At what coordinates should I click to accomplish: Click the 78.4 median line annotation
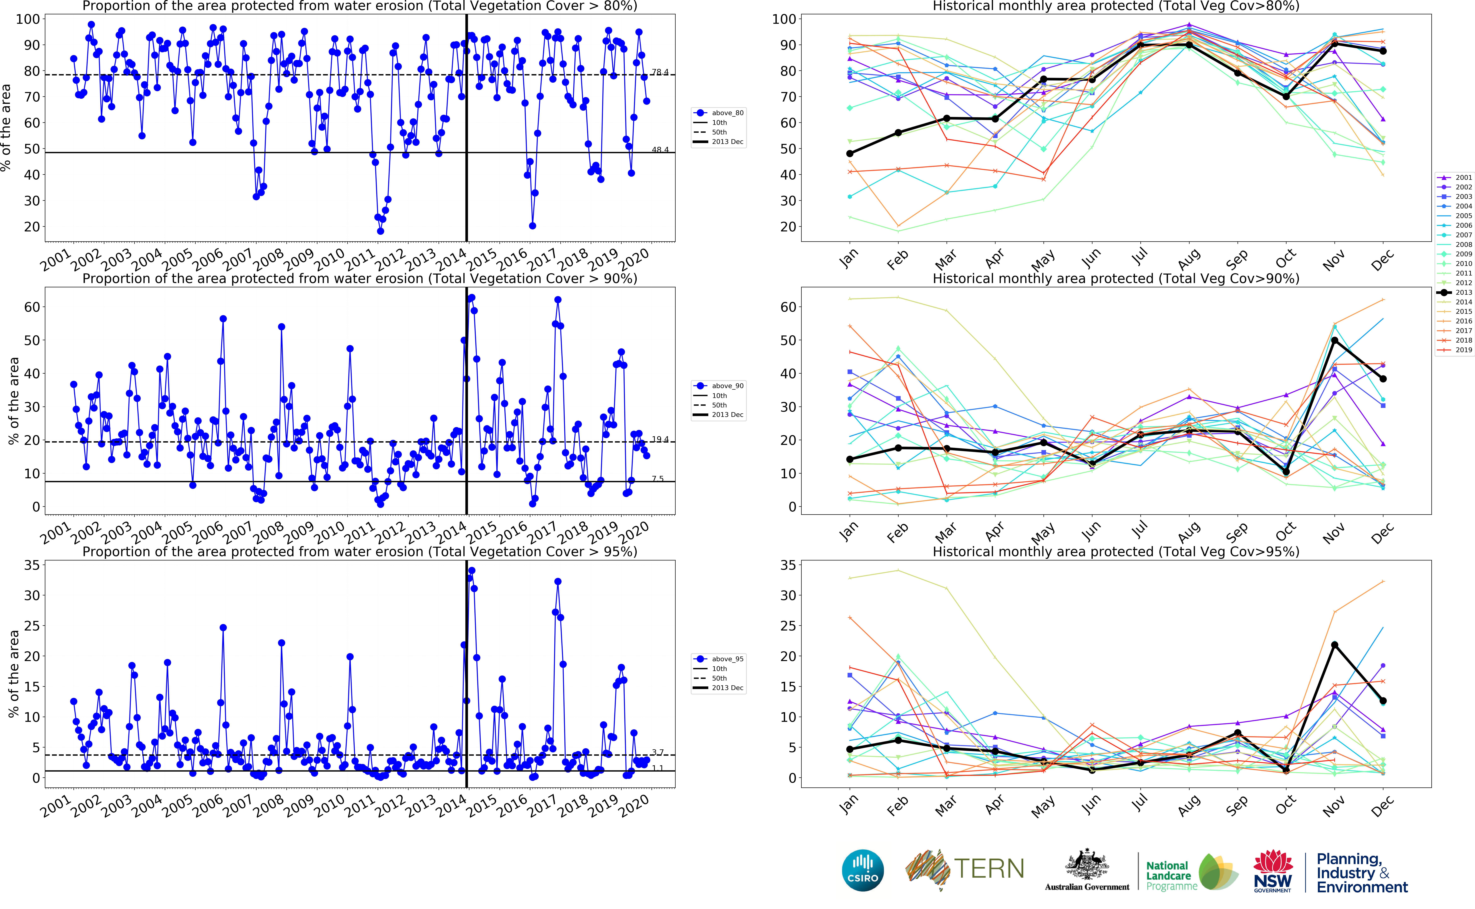coord(660,72)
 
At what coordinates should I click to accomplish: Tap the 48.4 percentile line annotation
coord(660,150)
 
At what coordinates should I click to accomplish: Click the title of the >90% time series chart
coord(359,278)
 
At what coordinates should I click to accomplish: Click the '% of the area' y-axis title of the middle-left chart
coord(13,401)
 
